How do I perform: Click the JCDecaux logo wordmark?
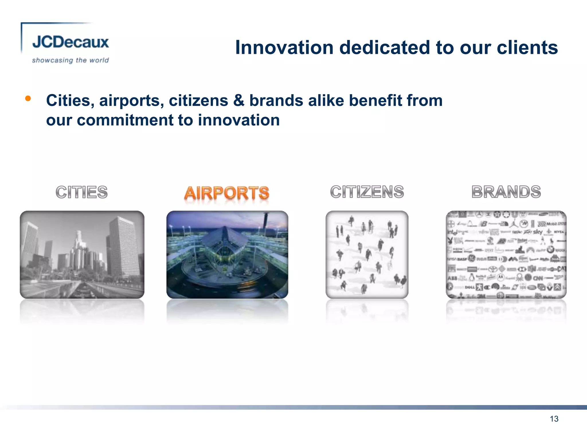click(x=71, y=42)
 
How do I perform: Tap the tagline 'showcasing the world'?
click(x=71, y=60)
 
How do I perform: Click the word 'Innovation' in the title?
click(x=284, y=47)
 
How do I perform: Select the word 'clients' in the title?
click(x=527, y=47)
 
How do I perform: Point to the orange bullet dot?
click(x=28, y=99)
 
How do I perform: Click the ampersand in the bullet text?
click(x=238, y=101)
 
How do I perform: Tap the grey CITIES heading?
click(x=82, y=192)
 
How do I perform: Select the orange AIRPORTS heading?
click(x=227, y=193)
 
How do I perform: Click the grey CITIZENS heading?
click(x=367, y=192)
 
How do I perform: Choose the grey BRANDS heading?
click(x=506, y=192)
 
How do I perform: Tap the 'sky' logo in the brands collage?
click(x=537, y=232)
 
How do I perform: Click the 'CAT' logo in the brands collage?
click(x=561, y=269)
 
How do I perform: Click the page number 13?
click(x=554, y=419)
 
